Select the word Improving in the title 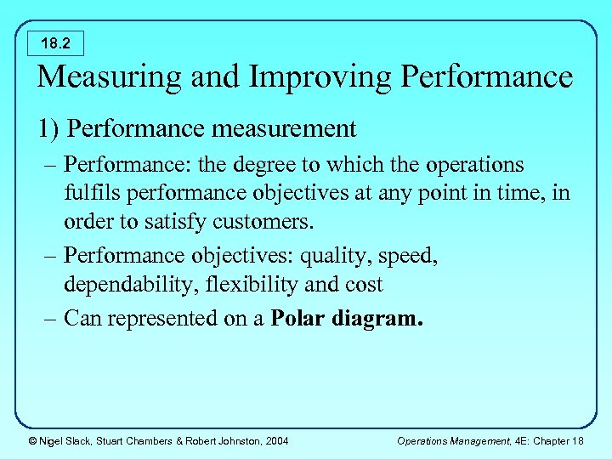click(x=286, y=77)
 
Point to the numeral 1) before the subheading click(x=48, y=129)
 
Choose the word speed click(x=408, y=255)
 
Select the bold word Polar click(x=298, y=319)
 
